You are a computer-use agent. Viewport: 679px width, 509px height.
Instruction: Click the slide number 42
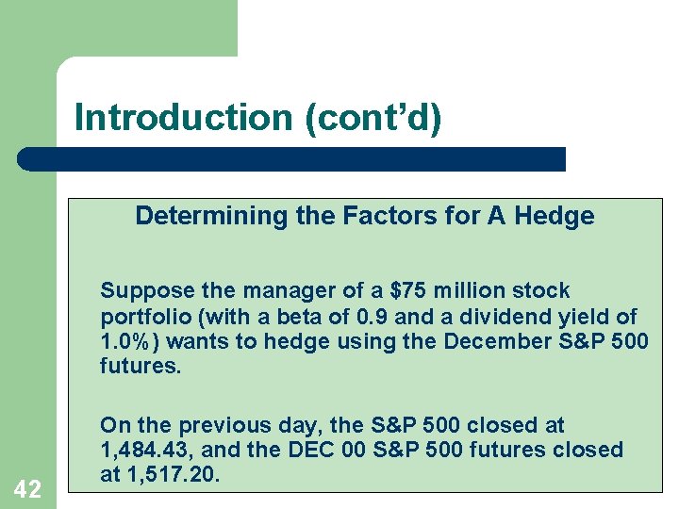(x=27, y=488)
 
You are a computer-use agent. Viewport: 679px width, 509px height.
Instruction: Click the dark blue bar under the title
(x=292, y=158)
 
